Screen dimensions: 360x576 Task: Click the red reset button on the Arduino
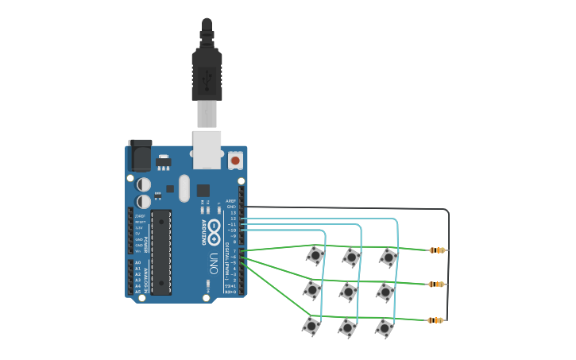click(x=234, y=161)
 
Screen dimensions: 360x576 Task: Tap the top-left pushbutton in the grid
click(x=315, y=255)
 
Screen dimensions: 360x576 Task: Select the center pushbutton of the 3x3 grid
click(x=348, y=292)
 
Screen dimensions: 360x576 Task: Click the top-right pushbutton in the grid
click(x=389, y=257)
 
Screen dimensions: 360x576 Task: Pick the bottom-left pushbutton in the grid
click(x=311, y=326)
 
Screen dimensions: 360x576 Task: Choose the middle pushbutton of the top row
click(x=351, y=257)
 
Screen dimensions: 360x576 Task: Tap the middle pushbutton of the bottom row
click(x=346, y=327)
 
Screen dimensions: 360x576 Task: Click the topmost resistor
click(x=436, y=250)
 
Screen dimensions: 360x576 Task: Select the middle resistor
click(x=436, y=284)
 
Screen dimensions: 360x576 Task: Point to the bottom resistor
click(x=435, y=320)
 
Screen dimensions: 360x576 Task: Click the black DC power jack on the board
click(x=140, y=155)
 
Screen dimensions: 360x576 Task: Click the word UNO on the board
click(x=213, y=262)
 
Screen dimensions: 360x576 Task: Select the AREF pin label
click(x=230, y=201)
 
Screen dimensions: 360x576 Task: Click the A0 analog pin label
click(x=137, y=262)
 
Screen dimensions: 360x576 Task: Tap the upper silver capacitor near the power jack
click(x=144, y=183)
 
